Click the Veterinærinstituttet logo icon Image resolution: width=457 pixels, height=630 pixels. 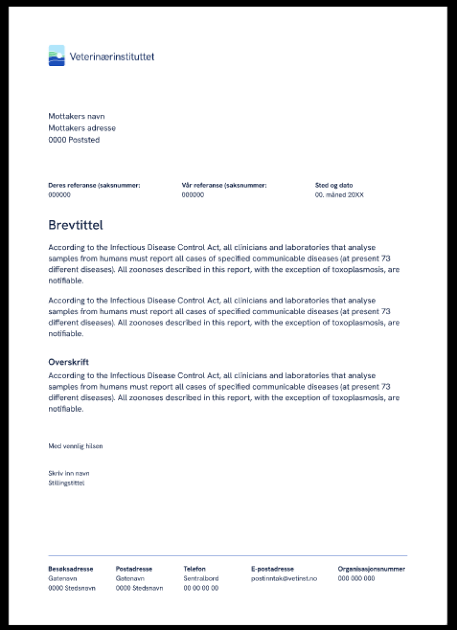point(56,55)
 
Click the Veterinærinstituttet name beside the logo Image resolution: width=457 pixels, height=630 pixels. point(112,57)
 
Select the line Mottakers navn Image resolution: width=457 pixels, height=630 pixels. point(76,117)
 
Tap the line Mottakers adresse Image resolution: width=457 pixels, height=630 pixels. point(82,128)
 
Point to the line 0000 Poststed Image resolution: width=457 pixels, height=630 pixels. point(74,140)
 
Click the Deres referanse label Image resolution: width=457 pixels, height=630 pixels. point(94,186)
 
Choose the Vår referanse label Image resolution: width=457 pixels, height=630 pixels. point(224,186)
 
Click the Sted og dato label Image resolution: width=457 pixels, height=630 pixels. point(334,186)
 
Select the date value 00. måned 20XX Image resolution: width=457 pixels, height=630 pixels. point(339,195)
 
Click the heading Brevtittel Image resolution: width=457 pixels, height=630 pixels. point(76,225)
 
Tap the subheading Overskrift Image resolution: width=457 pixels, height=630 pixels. point(68,362)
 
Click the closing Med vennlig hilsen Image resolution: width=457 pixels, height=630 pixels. point(75,446)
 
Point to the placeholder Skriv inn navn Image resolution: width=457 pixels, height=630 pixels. point(68,474)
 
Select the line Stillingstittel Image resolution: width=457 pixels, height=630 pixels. point(66,483)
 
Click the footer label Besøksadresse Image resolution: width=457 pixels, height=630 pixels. point(70,569)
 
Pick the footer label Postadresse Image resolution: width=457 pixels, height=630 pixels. point(134,569)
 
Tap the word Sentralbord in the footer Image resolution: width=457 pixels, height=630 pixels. point(201,578)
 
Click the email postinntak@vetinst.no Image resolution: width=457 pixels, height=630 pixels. point(284,578)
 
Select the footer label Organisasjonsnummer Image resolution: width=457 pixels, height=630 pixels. point(371,569)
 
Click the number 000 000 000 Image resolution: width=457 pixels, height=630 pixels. point(356,578)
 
